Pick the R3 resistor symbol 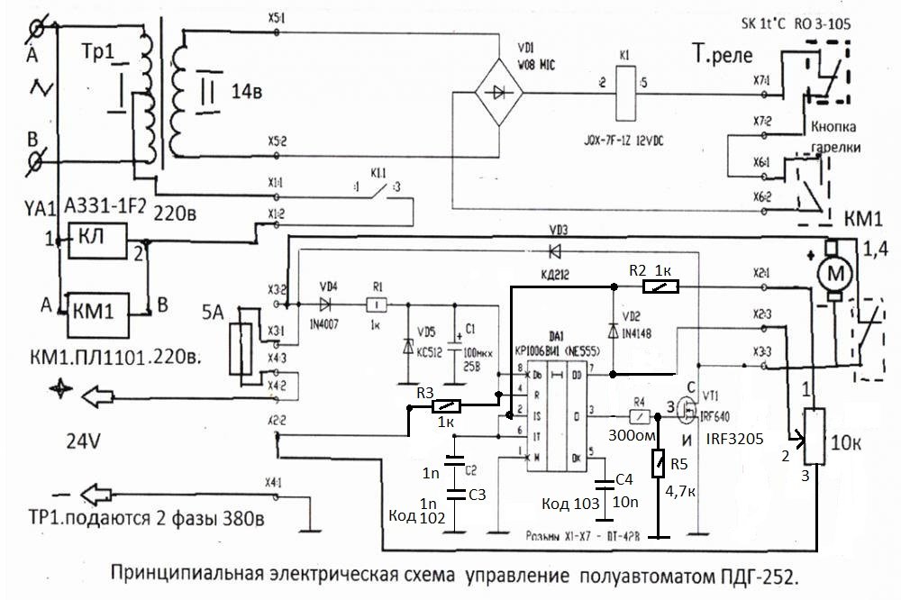click(x=448, y=407)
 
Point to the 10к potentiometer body click(x=815, y=439)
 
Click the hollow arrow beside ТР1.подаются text click(x=103, y=495)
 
